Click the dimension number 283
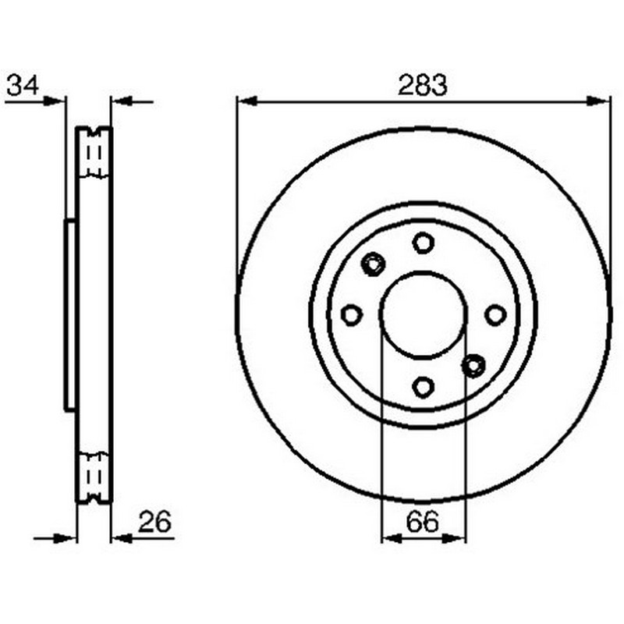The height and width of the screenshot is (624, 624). point(423,85)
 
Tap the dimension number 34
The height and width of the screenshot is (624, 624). point(23,85)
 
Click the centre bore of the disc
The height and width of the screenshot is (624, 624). point(423,314)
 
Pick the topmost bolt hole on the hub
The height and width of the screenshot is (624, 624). point(423,243)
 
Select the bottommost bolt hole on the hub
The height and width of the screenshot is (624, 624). point(423,387)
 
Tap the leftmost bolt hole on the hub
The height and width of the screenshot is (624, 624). point(352,315)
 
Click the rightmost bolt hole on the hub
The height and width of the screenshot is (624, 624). point(495,315)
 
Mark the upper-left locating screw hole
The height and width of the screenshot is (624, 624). point(374,264)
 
